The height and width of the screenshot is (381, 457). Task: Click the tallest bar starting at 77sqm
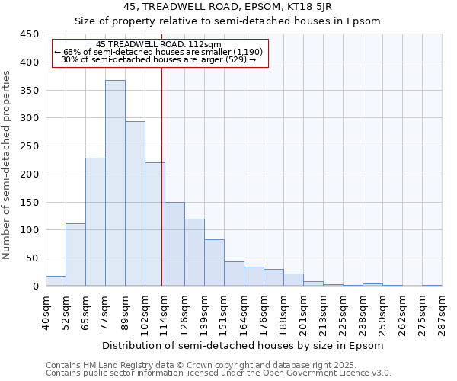pyautogui.click(x=115, y=183)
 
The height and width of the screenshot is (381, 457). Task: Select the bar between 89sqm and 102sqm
pyautogui.click(x=135, y=203)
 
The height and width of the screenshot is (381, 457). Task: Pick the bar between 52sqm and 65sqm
pyautogui.click(x=75, y=255)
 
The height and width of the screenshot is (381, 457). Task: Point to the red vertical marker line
pyautogui.click(x=162, y=175)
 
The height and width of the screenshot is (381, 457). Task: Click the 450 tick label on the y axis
pyautogui.click(x=30, y=34)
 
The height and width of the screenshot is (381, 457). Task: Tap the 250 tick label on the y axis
pyautogui.click(x=30, y=146)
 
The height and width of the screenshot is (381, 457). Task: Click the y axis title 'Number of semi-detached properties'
pyautogui.click(x=7, y=164)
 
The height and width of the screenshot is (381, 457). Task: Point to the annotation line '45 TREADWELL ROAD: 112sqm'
pyautogui.click(x=160, y=45)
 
